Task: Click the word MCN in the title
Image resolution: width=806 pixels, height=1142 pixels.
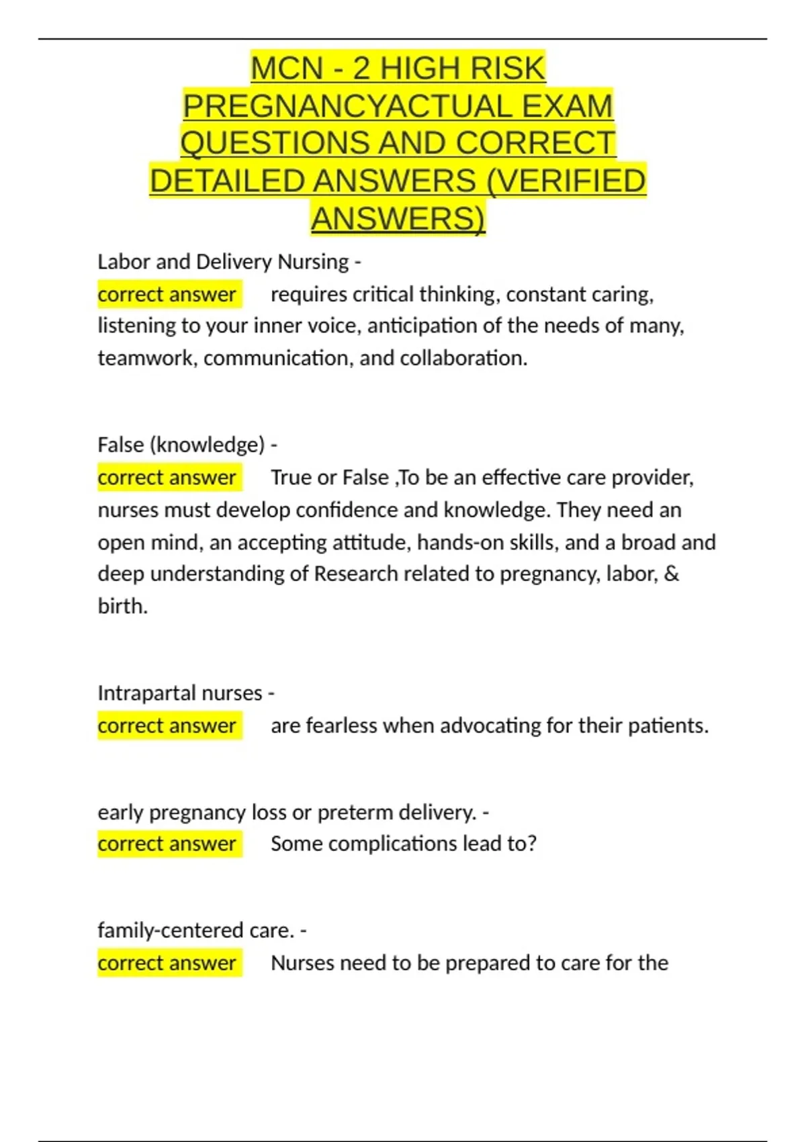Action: point(287,69)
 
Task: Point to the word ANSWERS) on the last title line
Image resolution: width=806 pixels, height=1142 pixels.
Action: point(398,220)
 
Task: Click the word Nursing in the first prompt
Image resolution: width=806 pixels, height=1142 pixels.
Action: point(313,261)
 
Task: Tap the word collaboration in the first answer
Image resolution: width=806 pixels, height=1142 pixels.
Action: point(463,358)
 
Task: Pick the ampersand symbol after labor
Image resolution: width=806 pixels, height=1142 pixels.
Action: point(672,574)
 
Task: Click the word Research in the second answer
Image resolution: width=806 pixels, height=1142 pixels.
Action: point(356,574)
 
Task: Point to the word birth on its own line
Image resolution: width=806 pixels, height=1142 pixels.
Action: point(121,606)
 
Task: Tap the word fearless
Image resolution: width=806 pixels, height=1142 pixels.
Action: point(341,726)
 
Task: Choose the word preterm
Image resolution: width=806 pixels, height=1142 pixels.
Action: point(355,812)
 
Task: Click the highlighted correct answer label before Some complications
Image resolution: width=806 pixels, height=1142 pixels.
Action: point(167,844)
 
